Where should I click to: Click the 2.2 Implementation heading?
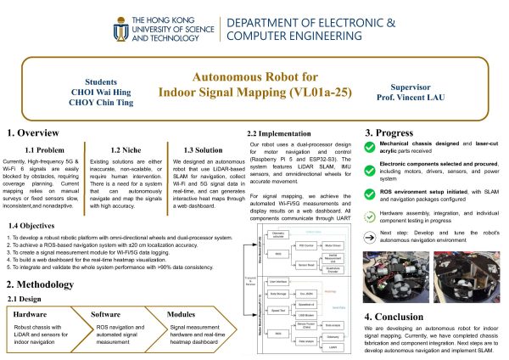pyautogui.click(x=285, y=132)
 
